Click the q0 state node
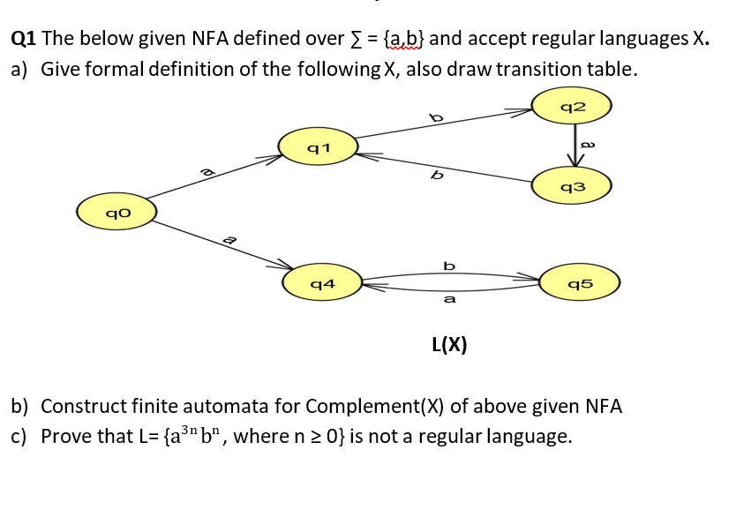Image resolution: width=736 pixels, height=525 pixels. [116, 212]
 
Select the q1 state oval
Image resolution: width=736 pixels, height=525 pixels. [318, 146]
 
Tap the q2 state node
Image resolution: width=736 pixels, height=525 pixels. [573, 107]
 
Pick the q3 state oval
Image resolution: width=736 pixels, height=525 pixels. [573, 186]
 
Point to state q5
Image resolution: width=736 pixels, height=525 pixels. [581, 283]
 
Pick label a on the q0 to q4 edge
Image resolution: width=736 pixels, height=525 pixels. [229, 238]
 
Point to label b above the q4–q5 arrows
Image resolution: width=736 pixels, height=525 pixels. [449, 265]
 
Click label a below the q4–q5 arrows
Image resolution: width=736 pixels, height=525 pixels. [449, 300]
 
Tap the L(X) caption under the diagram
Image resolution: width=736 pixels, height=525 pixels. [449, 344]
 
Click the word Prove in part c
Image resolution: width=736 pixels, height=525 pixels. [67, 436]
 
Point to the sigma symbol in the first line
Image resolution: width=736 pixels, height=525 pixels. [357, 39]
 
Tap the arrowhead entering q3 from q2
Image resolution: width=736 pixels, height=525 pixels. [575, 161]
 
